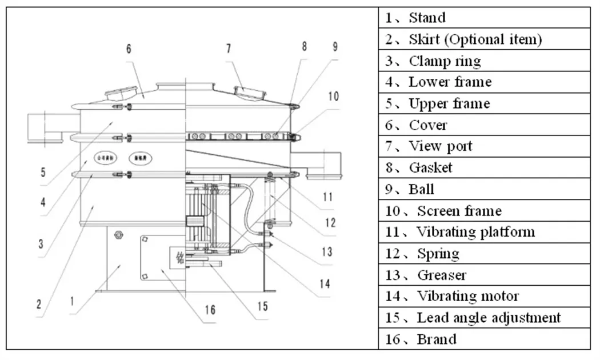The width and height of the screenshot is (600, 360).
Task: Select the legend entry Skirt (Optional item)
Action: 475,39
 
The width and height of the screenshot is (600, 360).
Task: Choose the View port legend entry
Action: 441,146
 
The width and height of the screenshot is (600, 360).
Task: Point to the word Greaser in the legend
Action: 442,275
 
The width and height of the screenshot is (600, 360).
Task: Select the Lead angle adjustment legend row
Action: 489,318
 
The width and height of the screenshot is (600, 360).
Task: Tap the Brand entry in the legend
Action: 437,339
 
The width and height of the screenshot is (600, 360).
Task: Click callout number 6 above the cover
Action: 129,49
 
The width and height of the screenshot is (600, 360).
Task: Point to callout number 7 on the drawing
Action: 229,49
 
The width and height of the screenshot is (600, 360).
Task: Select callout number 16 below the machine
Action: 210,309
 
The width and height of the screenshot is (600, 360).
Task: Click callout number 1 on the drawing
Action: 73,298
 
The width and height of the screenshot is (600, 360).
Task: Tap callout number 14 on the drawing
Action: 325,283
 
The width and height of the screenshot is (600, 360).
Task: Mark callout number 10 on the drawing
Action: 333,97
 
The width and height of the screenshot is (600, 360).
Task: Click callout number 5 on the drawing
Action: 43,171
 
